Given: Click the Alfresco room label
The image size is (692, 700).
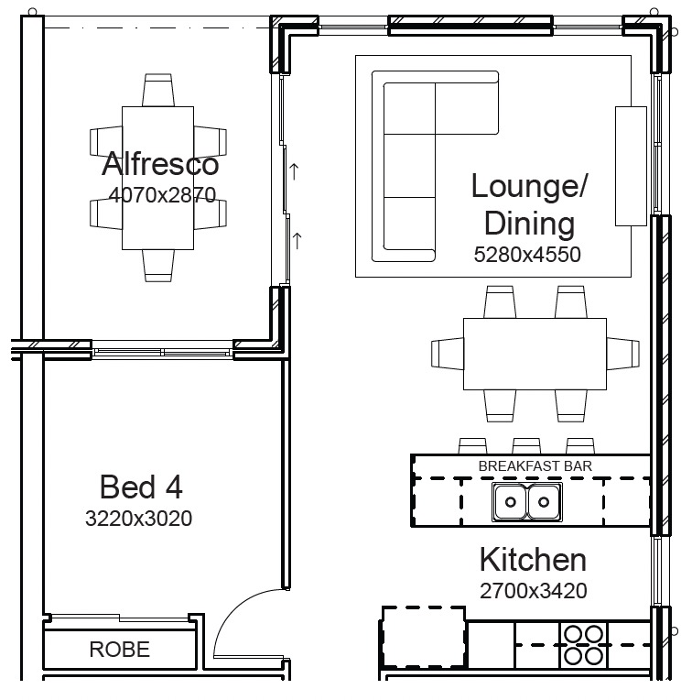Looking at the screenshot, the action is pos(160,163).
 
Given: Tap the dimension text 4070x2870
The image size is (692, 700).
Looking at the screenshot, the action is pos(162,194).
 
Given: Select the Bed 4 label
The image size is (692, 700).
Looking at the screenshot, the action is pos(141,487).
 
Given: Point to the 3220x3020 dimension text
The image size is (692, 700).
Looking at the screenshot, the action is pos(138,519).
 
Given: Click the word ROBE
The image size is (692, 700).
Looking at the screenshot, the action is pos(120,649).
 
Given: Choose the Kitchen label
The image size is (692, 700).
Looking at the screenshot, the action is pos(533,560).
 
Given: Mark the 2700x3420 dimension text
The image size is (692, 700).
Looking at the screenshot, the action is pos(534,591).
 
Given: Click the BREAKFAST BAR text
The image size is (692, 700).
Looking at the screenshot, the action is pos(535,466).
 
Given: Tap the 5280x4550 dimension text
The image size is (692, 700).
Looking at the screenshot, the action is pos(527,255).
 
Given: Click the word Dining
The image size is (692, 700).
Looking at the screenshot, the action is pos(529,223).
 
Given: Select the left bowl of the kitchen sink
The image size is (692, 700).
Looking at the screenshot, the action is pos(511,502).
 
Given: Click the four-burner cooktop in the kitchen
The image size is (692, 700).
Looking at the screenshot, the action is pos(583,645).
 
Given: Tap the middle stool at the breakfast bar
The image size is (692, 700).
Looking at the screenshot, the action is pos(526,446).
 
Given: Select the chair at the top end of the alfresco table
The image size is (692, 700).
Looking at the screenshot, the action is pos(157,90).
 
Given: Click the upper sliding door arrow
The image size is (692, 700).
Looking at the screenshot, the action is pos(294,172).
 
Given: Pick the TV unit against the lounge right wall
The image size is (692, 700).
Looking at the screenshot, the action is pos(631,166).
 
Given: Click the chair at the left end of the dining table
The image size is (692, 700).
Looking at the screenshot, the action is pos(448,354).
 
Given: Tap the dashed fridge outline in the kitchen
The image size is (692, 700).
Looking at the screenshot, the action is pos(423,637).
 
